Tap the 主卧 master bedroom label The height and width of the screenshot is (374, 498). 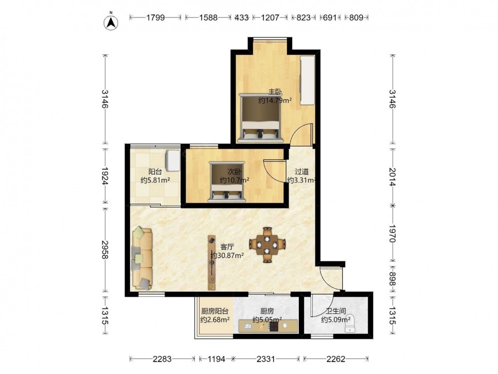click(275, 92)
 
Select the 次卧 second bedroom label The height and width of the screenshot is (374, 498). click(235, 172)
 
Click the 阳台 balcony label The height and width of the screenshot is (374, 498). click(155, 172)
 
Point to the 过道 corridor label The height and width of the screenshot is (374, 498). click(302, 172)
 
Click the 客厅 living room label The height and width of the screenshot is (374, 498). click(227, 247)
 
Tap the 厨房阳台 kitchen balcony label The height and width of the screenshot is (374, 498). click(215, 311)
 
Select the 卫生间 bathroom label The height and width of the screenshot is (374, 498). click(336, 311)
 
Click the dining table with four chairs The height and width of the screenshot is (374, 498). click(267, 244)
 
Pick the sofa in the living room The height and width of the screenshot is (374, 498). click(142, 258)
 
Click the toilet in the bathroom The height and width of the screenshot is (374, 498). click(350, 324)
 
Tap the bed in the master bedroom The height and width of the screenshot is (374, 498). click(261, 118)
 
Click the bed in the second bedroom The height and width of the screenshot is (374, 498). click(227, 182)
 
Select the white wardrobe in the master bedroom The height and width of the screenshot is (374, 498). click(307, 80)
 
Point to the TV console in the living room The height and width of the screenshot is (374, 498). click(212, 262)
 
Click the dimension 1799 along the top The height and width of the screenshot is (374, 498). click(155, 17)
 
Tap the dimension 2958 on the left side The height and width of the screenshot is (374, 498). click(105, 250)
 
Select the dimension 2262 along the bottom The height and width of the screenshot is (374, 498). click(336, 359)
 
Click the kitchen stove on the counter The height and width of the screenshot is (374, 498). click(274, 326)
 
